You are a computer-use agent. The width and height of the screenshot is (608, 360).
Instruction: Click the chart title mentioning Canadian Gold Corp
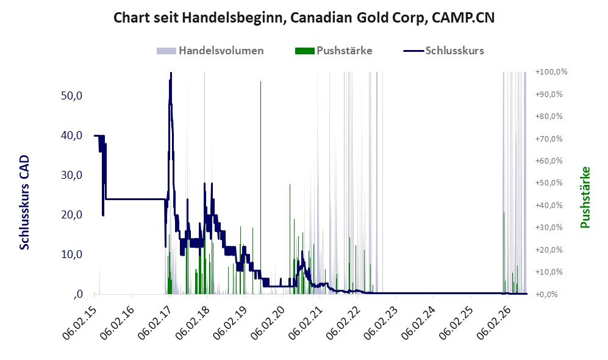pyautogui.click(x=304, y=18)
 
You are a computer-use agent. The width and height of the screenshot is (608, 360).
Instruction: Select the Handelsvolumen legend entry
pyautogui.click(x=210, y=51)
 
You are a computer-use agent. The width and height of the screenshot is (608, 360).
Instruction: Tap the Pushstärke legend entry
pyautogui.click(x=334, y=51)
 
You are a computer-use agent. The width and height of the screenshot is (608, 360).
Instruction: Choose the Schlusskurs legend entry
pyautogui.click(x=443, y=51)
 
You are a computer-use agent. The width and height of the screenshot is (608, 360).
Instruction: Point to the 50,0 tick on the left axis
pyautogui.click(x=72, y=96)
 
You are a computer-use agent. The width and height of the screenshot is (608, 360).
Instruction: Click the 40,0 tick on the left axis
pyautogui.click(x=72, y=135)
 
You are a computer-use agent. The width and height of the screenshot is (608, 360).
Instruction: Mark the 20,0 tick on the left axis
pyautogui.click(x=72, y=215)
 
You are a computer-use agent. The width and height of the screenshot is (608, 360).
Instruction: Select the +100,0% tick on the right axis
pyautogui.click(x=551, y=72)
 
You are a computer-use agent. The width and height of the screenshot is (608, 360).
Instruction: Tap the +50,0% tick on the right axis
pyautogui.click(x=549, y=182)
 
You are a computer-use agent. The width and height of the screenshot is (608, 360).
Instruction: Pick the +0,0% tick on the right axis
pyautogui.click(x=547, y=294)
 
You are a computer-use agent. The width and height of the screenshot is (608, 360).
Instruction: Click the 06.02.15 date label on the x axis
pyautogui.click(x=80, y=323)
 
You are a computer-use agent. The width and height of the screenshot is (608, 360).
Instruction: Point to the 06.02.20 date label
pyautogui.click(x=268, y=323)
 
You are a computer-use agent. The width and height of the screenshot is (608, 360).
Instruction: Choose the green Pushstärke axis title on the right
pyautogui.click(x=585, y=198)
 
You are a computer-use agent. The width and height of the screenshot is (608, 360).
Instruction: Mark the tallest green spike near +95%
pyautogui.click(x=260, y=187)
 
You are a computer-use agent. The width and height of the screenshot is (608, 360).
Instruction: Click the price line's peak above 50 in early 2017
pyautogui.click(x=171, y=73)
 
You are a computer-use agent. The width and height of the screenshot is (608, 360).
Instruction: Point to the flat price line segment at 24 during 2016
pyautogui.click(x=135, y=199)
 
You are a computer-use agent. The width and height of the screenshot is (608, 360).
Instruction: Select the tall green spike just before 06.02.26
pyautogui.click(x=504, y=253)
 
